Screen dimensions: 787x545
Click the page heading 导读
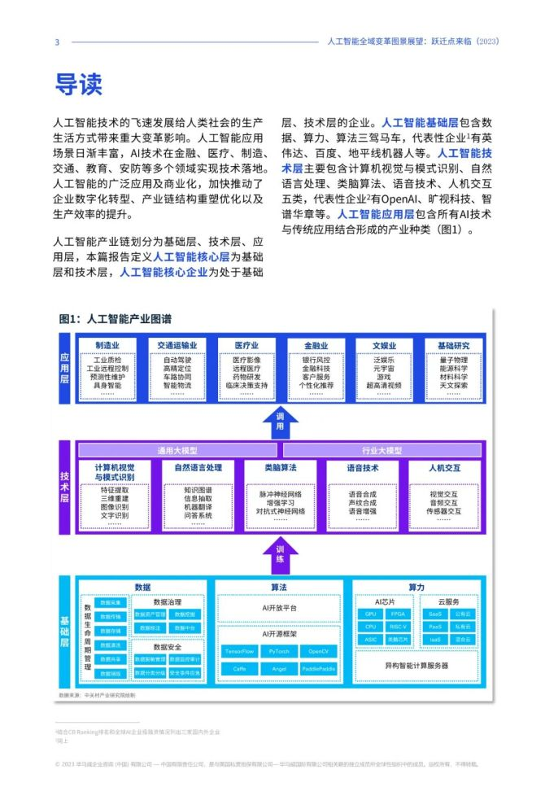click(x=78, y=83)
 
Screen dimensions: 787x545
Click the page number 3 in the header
click(x=57, y=42)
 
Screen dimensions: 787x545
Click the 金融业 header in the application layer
click(x=316, y=345)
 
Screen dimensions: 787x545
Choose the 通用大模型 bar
click(x=177, y=450)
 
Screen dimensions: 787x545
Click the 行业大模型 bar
click(x=381, y=450)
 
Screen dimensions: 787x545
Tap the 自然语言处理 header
click(x=198, y=469)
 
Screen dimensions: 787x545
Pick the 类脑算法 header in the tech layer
click(x=281, y=469)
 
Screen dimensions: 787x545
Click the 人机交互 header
click(x=444, y=469)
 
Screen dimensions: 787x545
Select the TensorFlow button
click(x=240, y=652)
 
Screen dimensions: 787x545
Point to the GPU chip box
click(x=371, y=614)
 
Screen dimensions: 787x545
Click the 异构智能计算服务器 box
click(x=416, y=665)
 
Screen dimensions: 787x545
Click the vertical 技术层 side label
click(x=64, y=485)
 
